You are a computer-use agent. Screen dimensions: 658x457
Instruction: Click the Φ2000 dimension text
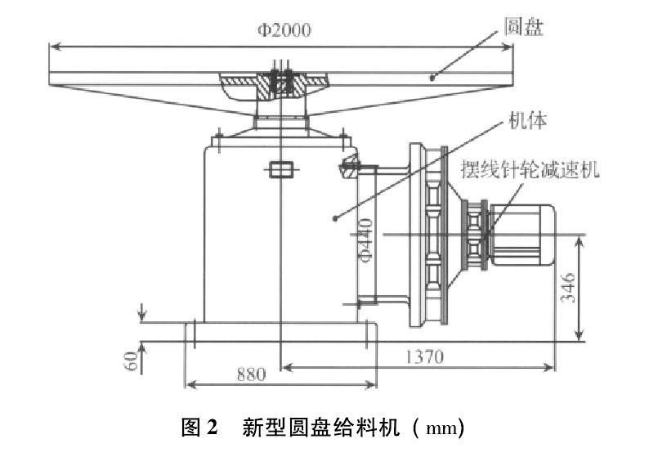[284, 30]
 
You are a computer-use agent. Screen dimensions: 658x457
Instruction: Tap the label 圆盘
[524, 26]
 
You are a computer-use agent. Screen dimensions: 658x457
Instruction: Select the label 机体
[528, 120]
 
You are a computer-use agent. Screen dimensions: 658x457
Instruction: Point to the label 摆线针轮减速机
[530, 169]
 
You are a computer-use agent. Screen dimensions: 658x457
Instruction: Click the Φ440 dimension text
[365, 240]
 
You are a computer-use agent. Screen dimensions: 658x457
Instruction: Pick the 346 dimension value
[568, 288]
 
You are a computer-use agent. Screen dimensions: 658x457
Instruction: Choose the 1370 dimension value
[425, 356]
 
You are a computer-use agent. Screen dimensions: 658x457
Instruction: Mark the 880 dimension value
[252, 374]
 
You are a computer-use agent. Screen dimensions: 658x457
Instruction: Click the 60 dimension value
[132, 361]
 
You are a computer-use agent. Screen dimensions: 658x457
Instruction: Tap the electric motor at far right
[523, 235]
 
